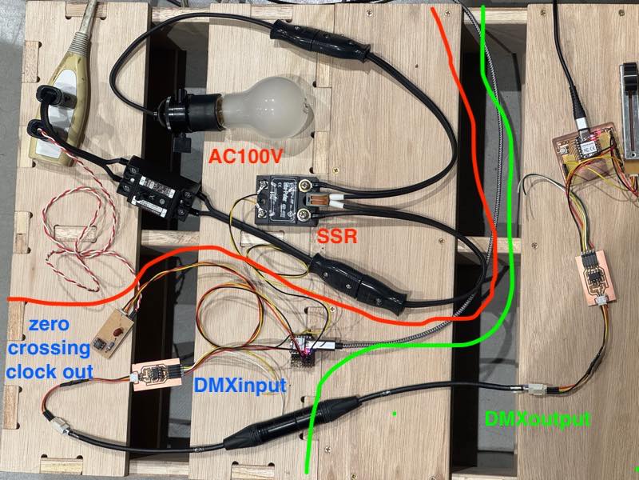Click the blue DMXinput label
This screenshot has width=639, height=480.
[x=240, y=385]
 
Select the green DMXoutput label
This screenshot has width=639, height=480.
[x=537, y=418]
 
